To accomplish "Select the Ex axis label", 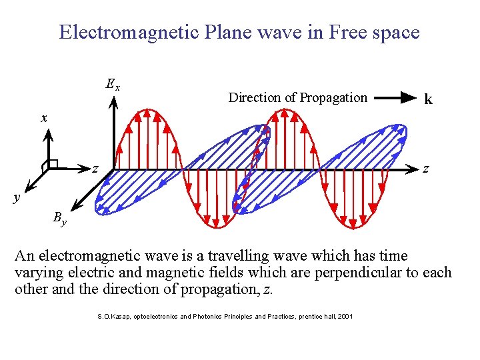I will pos(113,85).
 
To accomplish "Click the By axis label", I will pos(59,218).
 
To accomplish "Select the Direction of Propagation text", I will pos(297,97).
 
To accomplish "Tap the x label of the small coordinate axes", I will pos(44,118).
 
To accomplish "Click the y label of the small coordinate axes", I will pos(17,197).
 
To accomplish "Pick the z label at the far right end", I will pos(427,170).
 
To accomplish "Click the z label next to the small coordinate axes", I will pos(95,169).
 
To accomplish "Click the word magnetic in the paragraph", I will pos(189,273).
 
